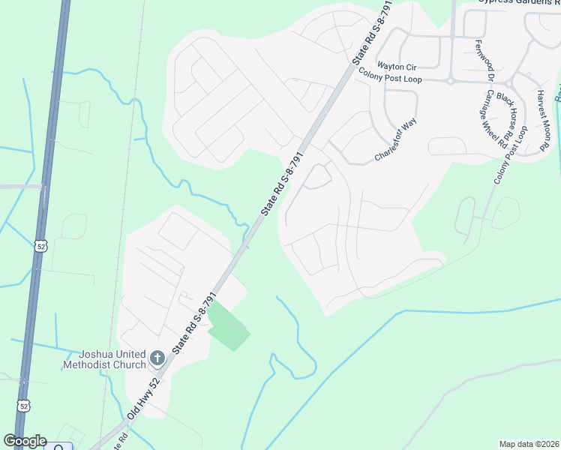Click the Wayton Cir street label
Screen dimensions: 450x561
tap(396, 66)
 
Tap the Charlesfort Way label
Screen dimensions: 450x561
tap(395, 140)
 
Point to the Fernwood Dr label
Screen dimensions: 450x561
tap(481, 61)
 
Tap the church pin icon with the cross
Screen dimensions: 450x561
tap(157, 358)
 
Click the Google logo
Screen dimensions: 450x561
tap(25, 441)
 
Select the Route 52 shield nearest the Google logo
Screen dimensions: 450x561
tap(24, 406)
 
